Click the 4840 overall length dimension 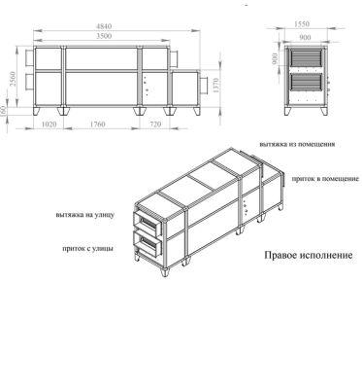click(x=104, y=26)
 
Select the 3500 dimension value click(x=104, y=36)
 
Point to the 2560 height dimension click(x=13, y=79)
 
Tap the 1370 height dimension click(x=216, y=86)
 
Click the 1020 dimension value click(x=49, y=124)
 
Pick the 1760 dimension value click(x=97, y=124)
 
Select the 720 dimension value click(x=155, y=124)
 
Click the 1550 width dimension click(x=302, y=24)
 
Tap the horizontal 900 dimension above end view click(x=305, y=38)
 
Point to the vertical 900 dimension click(x=276, y=58)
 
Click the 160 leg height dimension click(x=3, y=111)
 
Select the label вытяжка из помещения click(x=297, y=144)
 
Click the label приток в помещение click(x=325, y=179)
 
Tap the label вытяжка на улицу click(x=85, y=215)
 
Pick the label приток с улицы click(x=88, y=249)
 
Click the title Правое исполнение click(x=309, y=255)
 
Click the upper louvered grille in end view click(x=307, y=58)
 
